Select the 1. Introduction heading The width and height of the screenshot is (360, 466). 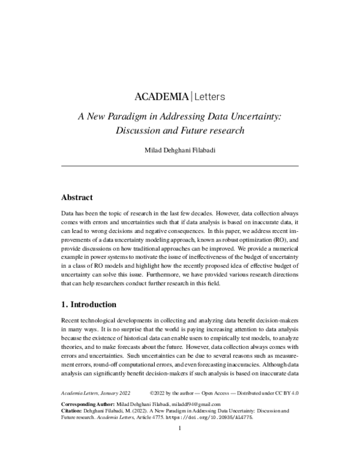[x=94, y=304]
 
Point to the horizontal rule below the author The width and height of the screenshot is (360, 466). [x=180, y=165]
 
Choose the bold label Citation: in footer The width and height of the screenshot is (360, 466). [x=73, y=429]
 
